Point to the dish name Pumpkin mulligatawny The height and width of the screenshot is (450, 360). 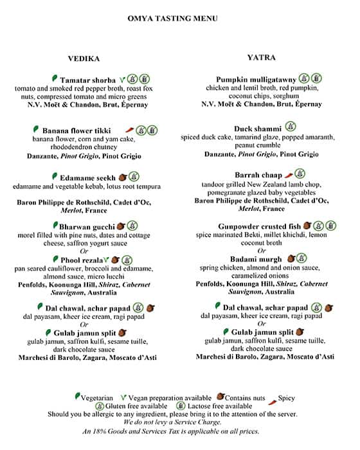tap(256, 79)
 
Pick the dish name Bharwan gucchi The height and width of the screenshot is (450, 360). tap(87, 226)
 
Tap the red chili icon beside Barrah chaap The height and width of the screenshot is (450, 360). tap(289, 174)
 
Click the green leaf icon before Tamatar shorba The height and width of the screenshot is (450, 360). tap(54, 78)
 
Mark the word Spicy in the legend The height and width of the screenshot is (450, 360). tap(286, 398)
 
